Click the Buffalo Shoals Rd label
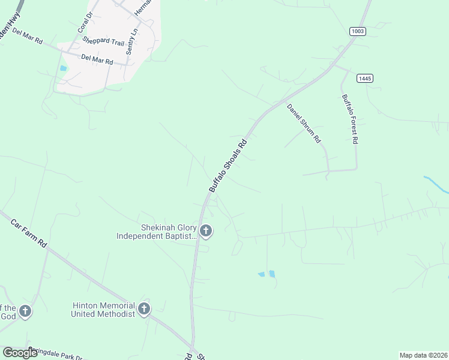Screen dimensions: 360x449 coord(228,166)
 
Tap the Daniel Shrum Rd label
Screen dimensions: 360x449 coord(304,124)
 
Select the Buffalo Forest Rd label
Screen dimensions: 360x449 coord(350,119)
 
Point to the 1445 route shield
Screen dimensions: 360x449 coord(364,79)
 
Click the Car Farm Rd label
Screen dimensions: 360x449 coord(29,234)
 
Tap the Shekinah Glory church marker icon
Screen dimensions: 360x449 coord(206,231)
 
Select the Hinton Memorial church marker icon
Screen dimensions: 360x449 coord(143,309)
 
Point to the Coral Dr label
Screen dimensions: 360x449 coord(83,22)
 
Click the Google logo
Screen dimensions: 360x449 coord(20,353)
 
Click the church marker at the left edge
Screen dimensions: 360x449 coord(25,311)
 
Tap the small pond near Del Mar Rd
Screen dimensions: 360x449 coord(64,68)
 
